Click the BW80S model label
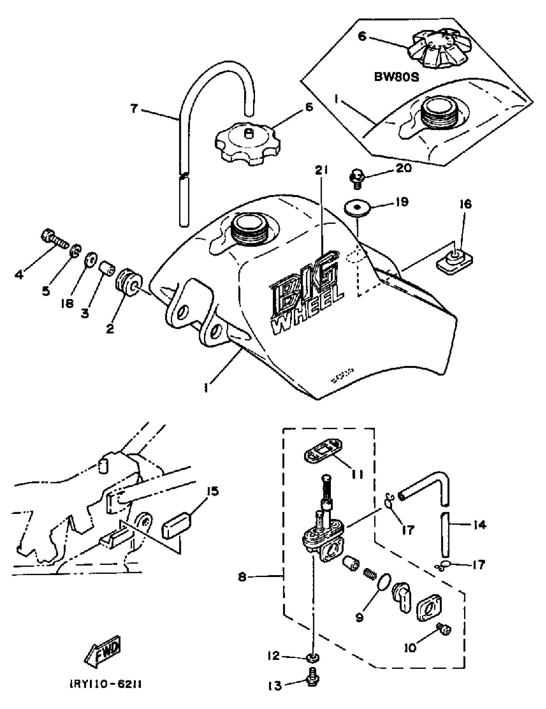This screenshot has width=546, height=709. (396, 77)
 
